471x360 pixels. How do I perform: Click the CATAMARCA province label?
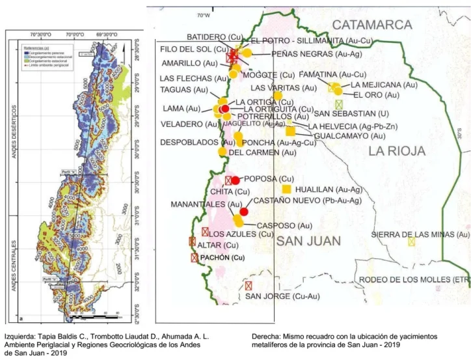(372, 25)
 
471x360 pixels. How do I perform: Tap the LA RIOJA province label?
(396, 151)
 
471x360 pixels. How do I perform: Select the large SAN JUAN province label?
(308, 242)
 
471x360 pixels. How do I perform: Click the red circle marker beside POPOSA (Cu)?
(235, 180)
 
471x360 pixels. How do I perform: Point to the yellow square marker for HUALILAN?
(286, 189)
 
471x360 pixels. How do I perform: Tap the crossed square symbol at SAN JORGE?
(248, 286)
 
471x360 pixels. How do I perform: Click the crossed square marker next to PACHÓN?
(194, 258)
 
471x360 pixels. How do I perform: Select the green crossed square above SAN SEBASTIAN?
(338, 104)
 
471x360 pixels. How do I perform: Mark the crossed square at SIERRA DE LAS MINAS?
(411, 242)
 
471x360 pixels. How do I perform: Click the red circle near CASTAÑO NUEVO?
(244, 212)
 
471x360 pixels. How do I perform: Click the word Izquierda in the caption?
(21, 337)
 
